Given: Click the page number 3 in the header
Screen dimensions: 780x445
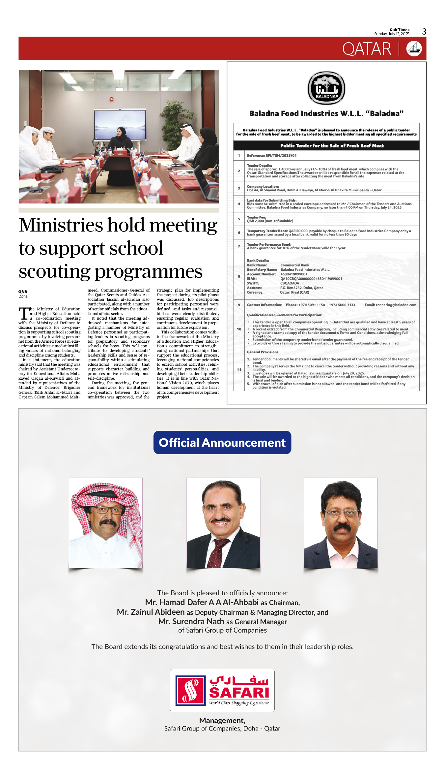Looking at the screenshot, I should tap(424, 32).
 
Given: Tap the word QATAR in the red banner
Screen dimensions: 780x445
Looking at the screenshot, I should tap(366, 49).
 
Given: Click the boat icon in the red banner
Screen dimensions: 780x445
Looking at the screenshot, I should tap(414, 49).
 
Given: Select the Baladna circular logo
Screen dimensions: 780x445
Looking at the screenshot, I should tap(326, 88).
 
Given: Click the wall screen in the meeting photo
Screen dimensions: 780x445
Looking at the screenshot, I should tap(120, 124).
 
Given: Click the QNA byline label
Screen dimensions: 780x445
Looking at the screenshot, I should tap(23, 292).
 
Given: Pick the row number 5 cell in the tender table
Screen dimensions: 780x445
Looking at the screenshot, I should tap(239, 219).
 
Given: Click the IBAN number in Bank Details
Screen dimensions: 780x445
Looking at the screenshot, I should tap(311, 279).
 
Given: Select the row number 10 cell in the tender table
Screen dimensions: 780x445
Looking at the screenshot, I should tap(239, 329).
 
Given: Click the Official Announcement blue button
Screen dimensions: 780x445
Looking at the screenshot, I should tap(222, 443).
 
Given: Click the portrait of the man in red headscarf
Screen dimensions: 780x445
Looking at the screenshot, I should tap(106, 523).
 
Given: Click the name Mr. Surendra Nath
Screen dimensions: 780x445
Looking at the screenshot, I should tap(191, 622).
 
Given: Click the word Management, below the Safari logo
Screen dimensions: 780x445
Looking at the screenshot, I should tap(222, 721).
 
